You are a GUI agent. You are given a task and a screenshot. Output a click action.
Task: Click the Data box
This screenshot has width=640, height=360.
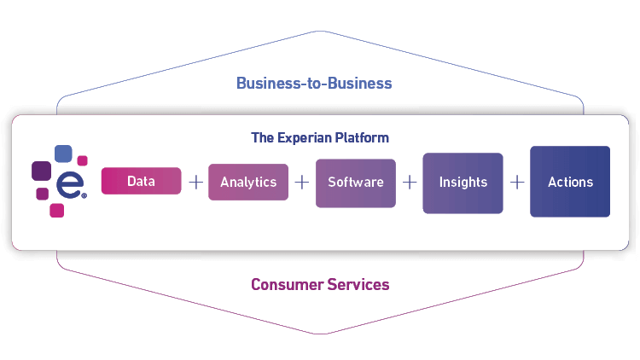point(141,182)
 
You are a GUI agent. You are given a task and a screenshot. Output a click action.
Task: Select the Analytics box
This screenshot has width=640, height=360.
point(248,182)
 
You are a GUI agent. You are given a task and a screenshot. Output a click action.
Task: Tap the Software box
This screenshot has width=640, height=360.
point(356,182)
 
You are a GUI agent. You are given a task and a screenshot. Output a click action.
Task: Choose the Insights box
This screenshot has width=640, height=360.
point(463,182)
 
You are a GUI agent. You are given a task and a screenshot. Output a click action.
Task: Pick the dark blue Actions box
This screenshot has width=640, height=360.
point(570,182)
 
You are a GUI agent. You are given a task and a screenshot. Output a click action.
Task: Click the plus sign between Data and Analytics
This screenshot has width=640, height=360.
point(195,182)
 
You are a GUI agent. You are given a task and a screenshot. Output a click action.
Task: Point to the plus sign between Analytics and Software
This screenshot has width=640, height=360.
point(302,182)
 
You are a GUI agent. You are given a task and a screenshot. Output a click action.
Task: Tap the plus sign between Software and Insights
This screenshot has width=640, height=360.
point(410,182)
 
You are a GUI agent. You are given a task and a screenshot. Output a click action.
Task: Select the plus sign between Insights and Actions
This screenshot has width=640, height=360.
point(516,182)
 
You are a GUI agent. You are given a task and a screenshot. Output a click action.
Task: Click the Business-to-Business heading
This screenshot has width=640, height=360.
point(314,83)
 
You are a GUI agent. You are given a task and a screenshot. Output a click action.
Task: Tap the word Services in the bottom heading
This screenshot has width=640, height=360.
point(358,284)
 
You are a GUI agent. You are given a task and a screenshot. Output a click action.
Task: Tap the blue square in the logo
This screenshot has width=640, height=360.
point(63,154)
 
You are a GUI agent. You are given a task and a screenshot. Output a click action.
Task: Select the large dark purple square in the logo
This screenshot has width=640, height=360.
point(41,171)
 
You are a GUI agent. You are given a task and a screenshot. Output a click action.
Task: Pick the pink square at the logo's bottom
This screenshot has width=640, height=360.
point(56,210)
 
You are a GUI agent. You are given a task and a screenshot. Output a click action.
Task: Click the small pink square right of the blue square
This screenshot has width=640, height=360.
point(83,160)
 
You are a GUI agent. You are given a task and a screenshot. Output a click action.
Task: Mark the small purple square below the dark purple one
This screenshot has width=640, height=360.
point(42,194)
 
